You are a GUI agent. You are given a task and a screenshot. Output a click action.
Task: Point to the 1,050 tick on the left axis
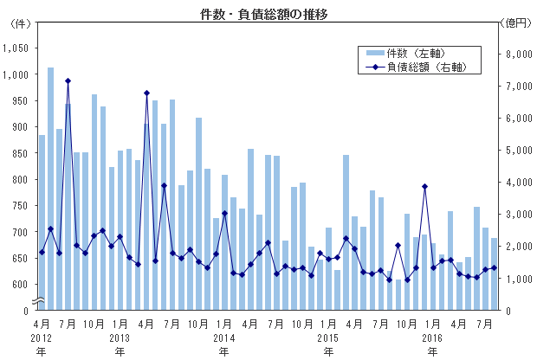click(16, 48)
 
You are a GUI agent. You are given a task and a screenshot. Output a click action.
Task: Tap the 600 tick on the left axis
click(21, 284)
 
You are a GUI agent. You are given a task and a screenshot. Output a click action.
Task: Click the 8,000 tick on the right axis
click(516, 55)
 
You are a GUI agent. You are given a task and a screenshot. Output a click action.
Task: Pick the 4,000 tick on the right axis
click(516, 183)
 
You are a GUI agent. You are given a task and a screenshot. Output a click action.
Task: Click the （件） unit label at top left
click(18, 23)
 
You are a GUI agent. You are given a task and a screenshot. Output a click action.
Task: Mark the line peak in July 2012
click(68, 81)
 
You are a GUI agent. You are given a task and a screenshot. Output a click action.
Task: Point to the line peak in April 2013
click(146, 93)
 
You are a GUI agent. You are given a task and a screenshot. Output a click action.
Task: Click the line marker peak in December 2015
click(425, 186)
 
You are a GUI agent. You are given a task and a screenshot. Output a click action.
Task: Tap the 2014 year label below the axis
click(223, 337)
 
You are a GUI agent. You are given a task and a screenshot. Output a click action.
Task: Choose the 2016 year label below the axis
click(432, 337)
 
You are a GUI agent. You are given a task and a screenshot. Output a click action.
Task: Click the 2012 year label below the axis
click(42, 337)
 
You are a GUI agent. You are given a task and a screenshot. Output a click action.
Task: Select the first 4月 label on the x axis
click(42, 323)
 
